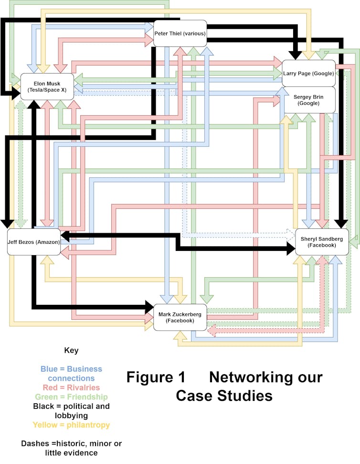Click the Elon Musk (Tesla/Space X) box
tap(47, 86)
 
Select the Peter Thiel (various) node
tap(180, 33)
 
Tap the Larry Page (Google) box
tap(308, 73)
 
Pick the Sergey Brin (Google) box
tap(308, 100)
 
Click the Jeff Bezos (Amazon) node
tap(34, 242)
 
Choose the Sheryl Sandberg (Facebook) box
tap(322, 242)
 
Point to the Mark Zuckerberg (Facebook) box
tap(180, 317)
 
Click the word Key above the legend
tap(71, 350)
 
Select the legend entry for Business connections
tap(71, 373)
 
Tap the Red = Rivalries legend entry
tap(71, 387)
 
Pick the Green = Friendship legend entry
tap(71, 397)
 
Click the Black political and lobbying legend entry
tap(71, 411)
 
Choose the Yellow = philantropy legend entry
tap(71, 425)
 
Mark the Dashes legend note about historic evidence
tap(71, 448)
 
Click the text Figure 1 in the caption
tap(156, 377)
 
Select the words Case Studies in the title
tap(224, 396)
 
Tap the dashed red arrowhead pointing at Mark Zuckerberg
tap(213, 330)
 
